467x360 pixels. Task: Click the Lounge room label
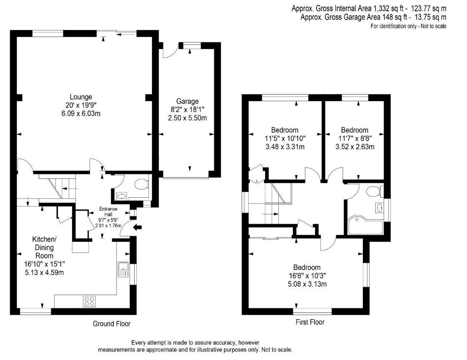(x=81, y=97)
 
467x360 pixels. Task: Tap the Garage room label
(x=187, y=101)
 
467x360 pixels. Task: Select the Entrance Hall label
(x=108, y=211)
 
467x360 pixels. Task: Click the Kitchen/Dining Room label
(x=45, y=247)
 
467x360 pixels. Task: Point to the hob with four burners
(x=89, y=301)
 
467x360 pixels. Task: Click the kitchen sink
(x=123, y=269)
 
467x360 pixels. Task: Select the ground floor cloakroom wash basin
(x=122, y=196)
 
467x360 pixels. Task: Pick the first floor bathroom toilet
(x=374, y=191)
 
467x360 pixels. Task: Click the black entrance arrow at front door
(x=137, y=228)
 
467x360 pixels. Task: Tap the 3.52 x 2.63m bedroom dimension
(x=355, y=146)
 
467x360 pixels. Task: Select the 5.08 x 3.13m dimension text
(x=307, y=284)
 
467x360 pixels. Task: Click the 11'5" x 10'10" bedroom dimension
(x=285, y=138)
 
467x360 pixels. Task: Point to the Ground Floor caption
(x=112, y=324)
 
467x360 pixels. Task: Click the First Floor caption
(x=310, y=322)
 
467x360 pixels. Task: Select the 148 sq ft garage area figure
(x=395, y=17)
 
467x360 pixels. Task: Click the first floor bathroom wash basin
(x=380, y=207)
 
